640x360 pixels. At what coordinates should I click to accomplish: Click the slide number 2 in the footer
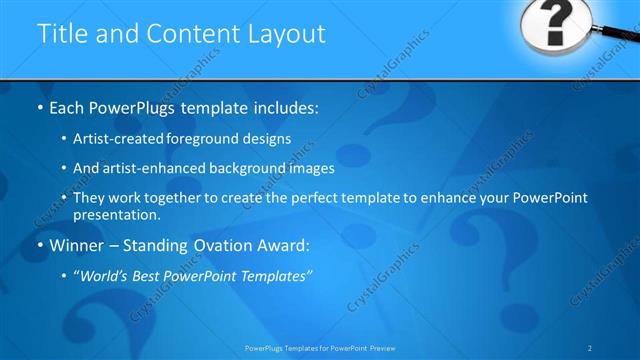(x=591, y=348)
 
